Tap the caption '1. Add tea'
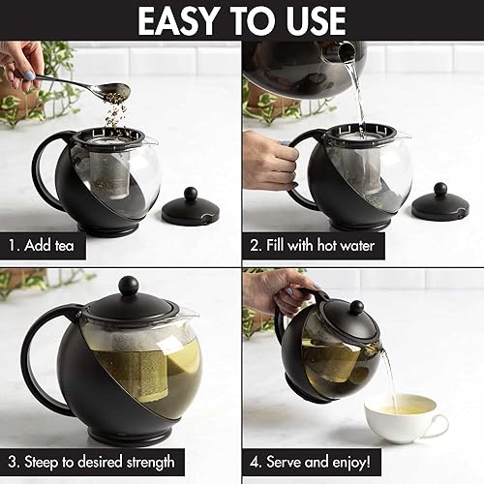tap(44, 245)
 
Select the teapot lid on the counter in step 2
tap(440, 203)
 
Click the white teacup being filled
tap(408, 417)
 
